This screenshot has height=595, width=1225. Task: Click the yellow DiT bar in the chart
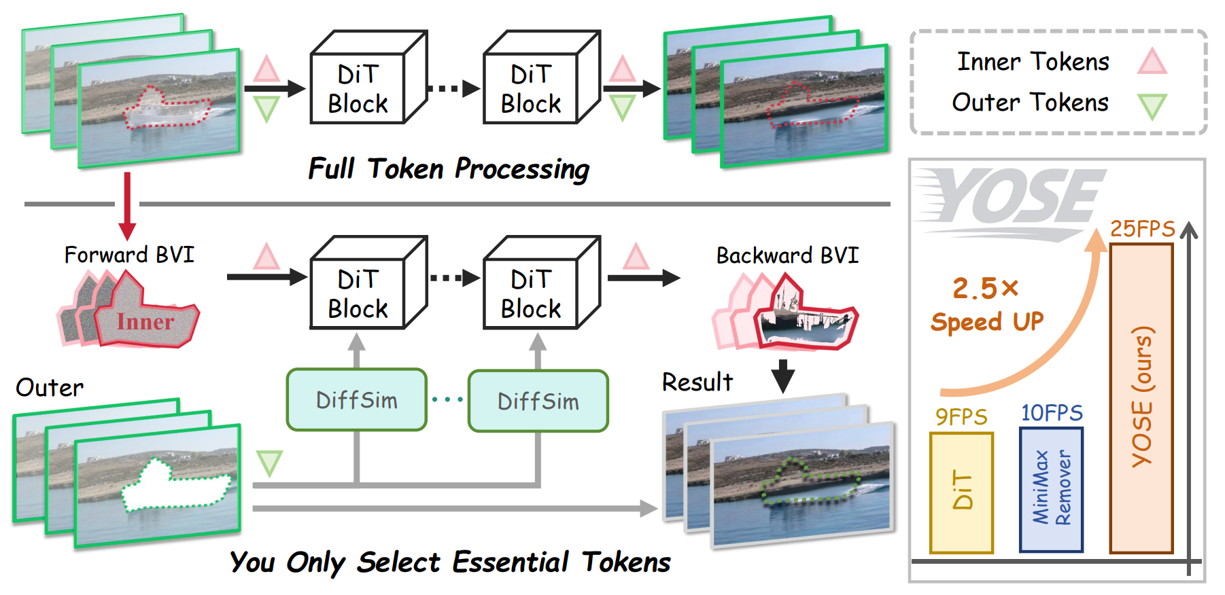pos(961,492)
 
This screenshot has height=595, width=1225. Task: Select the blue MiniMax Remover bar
pos(1051,489)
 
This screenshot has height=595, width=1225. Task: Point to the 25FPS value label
pos(1142,229)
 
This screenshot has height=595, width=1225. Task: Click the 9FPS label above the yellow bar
pos(961,416)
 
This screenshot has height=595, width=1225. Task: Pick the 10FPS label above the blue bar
pos(1051,413)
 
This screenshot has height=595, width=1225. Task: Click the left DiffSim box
pos(357,400)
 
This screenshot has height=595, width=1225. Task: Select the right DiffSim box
pos(538,401)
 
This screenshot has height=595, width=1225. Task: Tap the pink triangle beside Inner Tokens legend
pos(1152,61)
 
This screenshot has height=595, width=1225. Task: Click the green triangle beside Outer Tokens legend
pos(1152,106)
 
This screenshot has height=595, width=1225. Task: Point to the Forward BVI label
pos(129,255)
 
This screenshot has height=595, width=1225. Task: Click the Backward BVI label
pos(787,255)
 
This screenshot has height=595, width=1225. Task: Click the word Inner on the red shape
pos(145,321)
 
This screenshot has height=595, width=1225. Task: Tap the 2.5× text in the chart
pos(985,289)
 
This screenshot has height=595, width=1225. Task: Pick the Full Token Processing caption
pos(449,168)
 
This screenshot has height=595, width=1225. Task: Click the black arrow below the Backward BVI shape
pos(783,376)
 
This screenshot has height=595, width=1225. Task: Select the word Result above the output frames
pos(697,382)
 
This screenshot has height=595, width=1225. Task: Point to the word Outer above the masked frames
pos(50,388)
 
